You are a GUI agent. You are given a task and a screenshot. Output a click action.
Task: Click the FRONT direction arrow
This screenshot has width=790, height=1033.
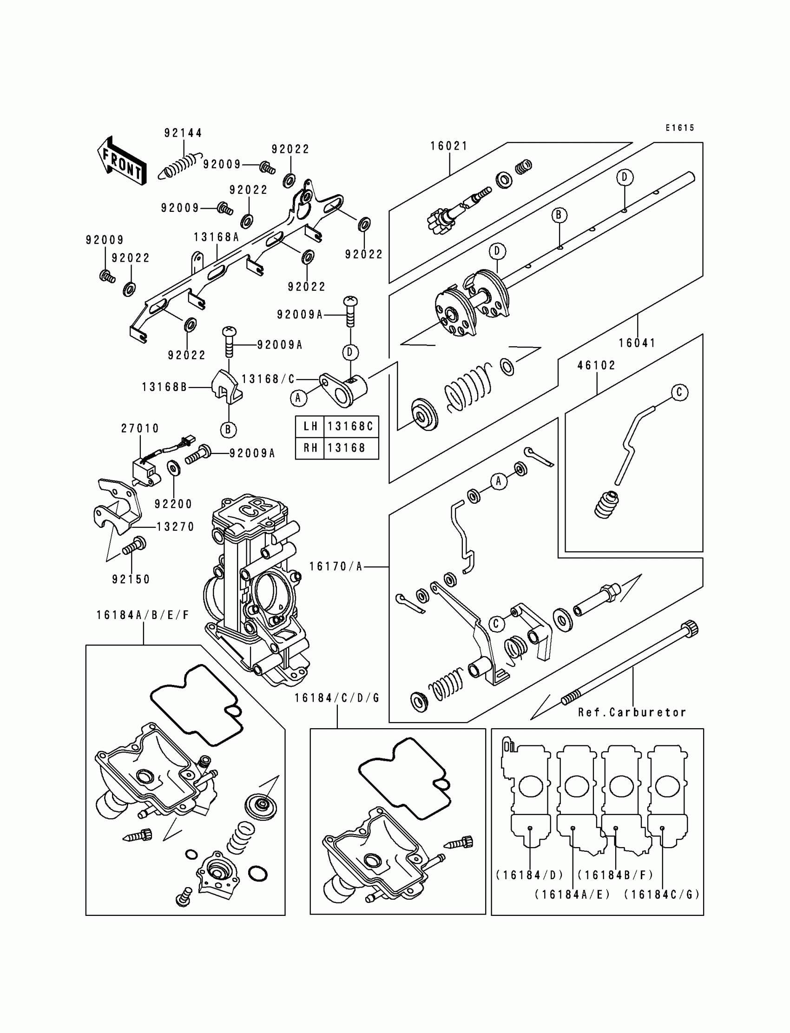[x=121, y=161]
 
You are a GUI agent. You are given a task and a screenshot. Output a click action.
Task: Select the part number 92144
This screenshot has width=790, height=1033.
[x=183, y=133]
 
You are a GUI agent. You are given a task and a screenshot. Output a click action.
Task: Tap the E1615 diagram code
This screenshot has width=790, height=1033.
[x=679, y=128]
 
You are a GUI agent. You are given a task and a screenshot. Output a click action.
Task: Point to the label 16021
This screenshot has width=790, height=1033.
[x=449, y=146]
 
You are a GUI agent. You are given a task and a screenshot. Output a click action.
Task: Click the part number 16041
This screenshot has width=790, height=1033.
[x=637, y=343]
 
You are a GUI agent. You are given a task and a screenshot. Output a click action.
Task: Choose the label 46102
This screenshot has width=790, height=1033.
[x=596, y=365]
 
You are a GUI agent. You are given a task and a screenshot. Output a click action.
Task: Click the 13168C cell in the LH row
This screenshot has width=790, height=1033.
[x=350, y=427]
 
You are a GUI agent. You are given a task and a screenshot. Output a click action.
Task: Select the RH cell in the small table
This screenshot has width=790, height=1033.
[x=310, y=447]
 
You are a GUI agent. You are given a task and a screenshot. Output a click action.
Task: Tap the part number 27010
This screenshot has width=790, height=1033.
[x=140, y=428]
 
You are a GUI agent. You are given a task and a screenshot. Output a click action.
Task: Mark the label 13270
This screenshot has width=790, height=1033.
[x=175, y=526]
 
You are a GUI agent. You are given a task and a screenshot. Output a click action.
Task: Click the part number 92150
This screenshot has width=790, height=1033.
[x=131, y=579]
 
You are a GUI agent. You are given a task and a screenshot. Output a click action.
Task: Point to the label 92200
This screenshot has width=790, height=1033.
[x=173, y=504]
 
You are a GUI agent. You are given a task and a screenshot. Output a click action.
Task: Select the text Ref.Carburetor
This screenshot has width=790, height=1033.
[x=632, y=712]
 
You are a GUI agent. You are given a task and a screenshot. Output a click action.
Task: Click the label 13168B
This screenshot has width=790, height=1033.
[x=165, y=387]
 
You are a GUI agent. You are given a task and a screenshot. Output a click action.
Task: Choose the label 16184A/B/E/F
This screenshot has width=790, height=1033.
[x=143, y=615]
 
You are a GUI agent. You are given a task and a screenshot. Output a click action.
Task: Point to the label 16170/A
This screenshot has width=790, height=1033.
[x=336, y=566]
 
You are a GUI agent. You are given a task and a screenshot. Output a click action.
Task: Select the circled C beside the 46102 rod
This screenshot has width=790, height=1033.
[x=679, y=392]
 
